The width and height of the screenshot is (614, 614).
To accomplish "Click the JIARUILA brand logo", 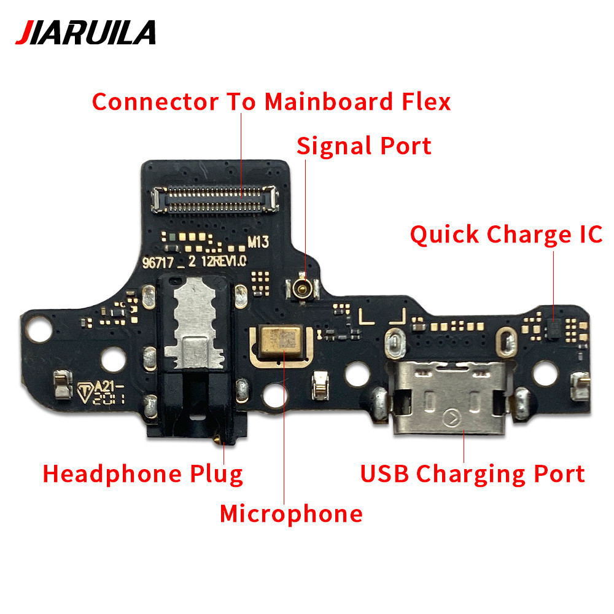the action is pyautogui.click(x=85, y=33).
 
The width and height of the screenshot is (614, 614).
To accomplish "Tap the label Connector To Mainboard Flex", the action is pyautogui.click(x=271, y=102).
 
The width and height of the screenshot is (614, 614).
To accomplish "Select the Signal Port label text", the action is pyautogui.click(x=363, y=146).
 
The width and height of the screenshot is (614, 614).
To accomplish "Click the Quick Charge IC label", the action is pyautogui.click(x=507, y=235).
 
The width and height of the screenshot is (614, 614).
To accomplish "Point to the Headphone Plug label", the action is pyautogui.click(x=142, y=474).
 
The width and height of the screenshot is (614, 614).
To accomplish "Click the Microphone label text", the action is pyautogui.click(x=291, y=514).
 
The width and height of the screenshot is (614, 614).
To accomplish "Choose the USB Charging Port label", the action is pyautogui.click(x=472, y=474).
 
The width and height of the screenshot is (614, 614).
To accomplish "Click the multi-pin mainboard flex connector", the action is pyautogui.click(x=215, y=200).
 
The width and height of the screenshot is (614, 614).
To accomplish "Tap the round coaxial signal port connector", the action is pyautogui.click(x=302, y=288).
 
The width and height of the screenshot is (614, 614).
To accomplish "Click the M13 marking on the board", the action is pyautogui.click(x=258, y=242).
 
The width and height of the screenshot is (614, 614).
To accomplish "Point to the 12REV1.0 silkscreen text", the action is pyautogui.click(x=223, y=261).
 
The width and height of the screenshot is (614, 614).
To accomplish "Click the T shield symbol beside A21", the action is pyautogui.click(x=85, y=392).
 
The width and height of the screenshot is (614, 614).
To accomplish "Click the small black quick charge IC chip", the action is pyautogui.click(x=553, y=328).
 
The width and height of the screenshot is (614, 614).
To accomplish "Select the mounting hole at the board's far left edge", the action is pyautogui.click(x=39, y=328).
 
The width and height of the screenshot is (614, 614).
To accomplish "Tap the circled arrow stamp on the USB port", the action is pyautogui.click(x=452, y=419).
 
